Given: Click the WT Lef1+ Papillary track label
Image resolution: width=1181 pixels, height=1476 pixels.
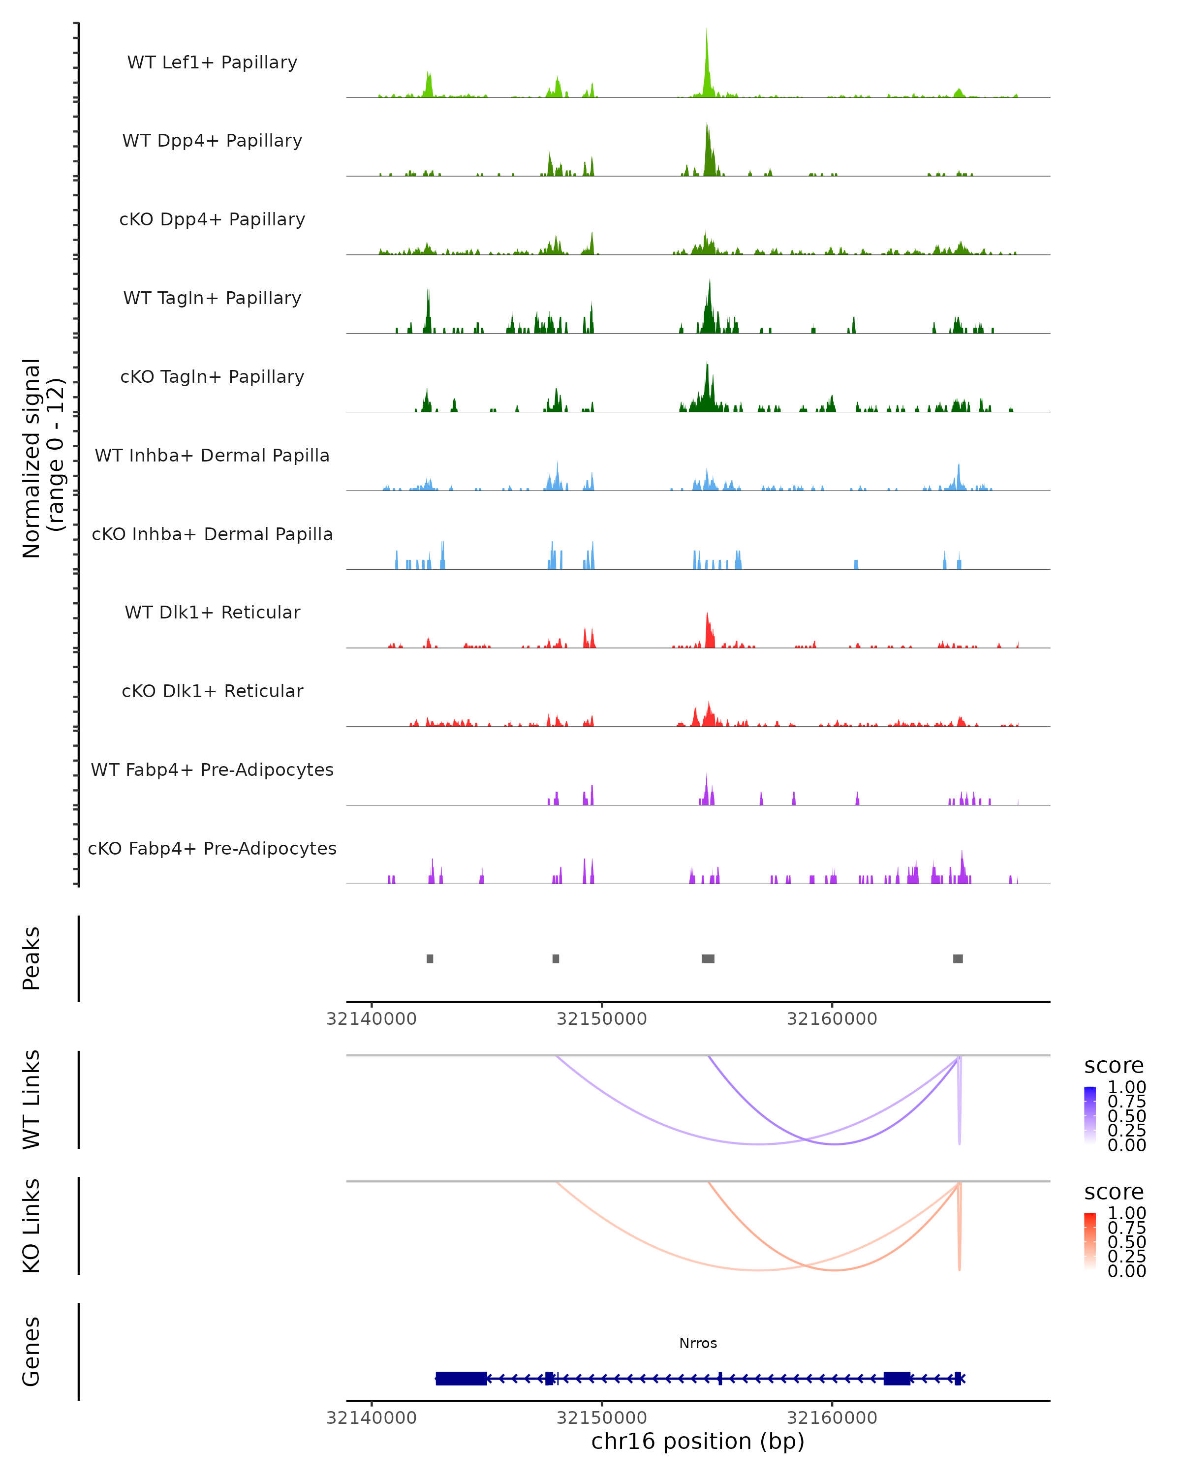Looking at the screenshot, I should pyautogui.click(x=212, y=62).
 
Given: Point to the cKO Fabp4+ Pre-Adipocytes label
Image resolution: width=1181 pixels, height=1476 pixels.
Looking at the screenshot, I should pyautogui.click(x=212, y=848).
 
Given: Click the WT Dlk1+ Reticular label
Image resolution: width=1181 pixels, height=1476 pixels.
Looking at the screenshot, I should pyautogui.click(x=212, y=613).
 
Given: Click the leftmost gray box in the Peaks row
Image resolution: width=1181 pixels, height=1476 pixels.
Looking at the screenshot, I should pyautogui.click(x=430, y=958).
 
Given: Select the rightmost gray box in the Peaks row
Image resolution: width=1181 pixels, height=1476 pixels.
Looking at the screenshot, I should pyautogui.click(x=958, y=958).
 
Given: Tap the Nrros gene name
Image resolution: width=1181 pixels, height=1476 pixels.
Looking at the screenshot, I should pyautogui.click(x=698, y=1343).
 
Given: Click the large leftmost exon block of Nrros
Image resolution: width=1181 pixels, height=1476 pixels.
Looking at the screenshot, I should pyautogui.click(x=461, y=1378).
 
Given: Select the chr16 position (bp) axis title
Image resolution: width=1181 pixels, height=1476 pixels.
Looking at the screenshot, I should pyautogui.click(x=698, y=1442).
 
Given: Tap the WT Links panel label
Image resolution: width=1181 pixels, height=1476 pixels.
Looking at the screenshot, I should pyautogui.click(x=31, y=1100).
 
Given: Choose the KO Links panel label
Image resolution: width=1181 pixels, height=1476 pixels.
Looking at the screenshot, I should pyautogui.click(x=31, y=1226).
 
